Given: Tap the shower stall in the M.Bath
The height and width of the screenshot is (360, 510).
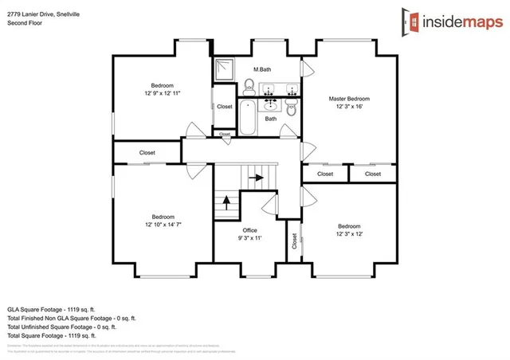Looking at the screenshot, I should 226,70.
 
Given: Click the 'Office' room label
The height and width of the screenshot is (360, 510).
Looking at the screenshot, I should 249,230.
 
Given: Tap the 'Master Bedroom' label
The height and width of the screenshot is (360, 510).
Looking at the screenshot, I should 349,99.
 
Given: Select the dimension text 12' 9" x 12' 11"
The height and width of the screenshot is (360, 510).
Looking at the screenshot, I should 163,93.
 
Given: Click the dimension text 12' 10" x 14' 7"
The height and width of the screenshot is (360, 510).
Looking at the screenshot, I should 163,225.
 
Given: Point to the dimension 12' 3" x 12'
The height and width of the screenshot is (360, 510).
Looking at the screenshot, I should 348,233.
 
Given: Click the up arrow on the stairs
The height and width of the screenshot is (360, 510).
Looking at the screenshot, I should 226,202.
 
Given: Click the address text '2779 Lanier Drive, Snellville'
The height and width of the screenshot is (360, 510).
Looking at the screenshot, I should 45,14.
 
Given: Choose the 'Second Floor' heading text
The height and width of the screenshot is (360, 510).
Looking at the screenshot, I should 25,23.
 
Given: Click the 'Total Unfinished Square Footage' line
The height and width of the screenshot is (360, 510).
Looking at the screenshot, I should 61,327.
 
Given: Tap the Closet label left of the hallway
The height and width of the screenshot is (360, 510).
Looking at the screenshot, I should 147,152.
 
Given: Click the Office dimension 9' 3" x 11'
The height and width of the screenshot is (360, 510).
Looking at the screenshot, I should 249,238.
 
